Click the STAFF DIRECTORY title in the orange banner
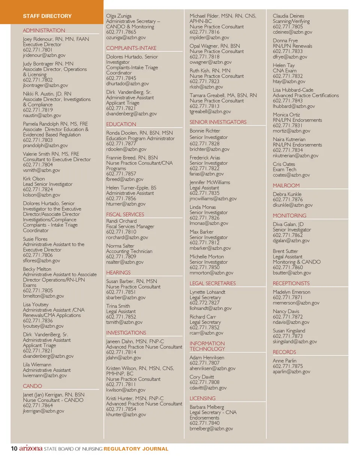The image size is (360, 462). (x=47, y=16)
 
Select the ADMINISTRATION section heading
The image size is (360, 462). (x=44, y=30)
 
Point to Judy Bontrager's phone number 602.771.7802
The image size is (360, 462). (x=38, y=80)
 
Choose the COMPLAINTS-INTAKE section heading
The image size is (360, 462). (x=131, y=48)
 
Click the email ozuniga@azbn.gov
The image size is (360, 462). (x=126, y=37)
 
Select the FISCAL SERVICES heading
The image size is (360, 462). (x=125, y=214)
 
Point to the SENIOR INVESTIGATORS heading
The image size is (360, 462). (x=218, y=122)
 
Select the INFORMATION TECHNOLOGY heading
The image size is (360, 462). (x=207, y=346)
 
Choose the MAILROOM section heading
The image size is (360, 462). (x=286, y=186)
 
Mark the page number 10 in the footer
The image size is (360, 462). (x=14, y=449)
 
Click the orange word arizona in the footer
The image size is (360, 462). (x=31, y=449)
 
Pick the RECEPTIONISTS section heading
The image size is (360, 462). (x=291, y=283)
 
